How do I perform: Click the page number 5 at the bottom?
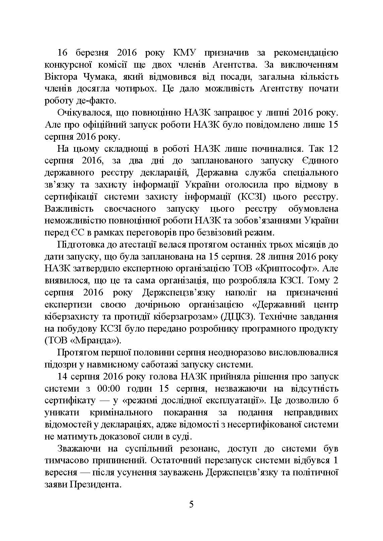pyautogui.click(x=191, y=504)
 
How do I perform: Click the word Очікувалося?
pyautogui.click(x=81, y=113)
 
